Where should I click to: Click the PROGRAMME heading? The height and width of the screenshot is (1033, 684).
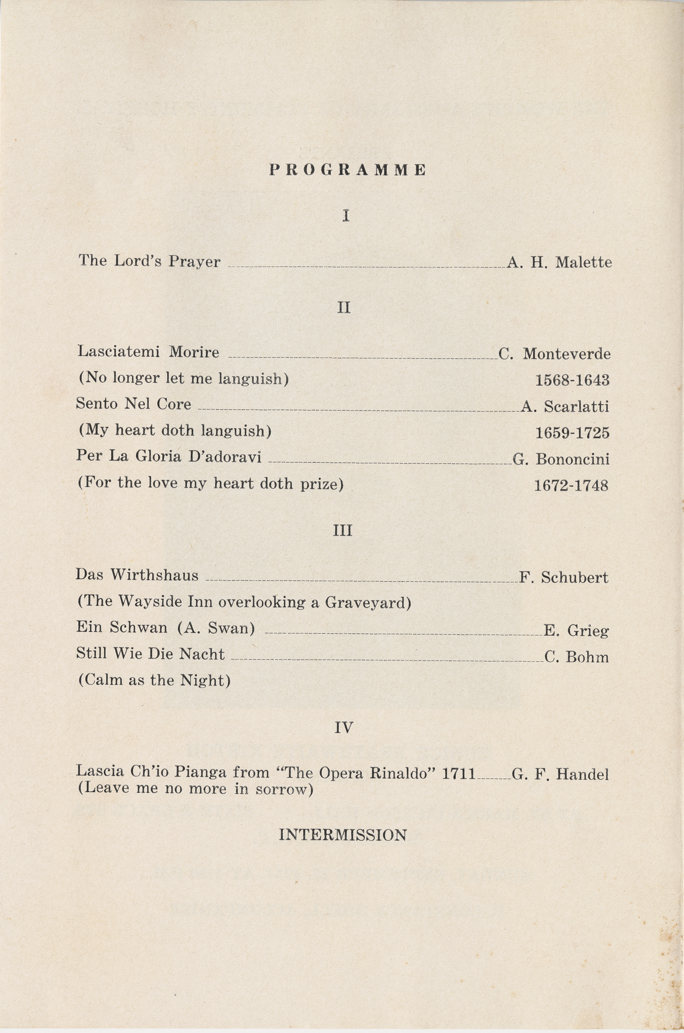[347, 170]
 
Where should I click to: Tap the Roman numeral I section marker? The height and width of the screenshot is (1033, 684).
[346, 215]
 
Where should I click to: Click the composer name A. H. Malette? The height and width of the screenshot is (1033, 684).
[559, 262]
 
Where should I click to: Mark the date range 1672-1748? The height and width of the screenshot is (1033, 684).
[571, 485]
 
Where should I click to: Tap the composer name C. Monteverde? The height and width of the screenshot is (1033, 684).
[554, 354]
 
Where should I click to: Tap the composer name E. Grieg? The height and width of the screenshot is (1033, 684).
[576, 631]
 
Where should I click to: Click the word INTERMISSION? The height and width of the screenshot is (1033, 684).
[343, 835]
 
